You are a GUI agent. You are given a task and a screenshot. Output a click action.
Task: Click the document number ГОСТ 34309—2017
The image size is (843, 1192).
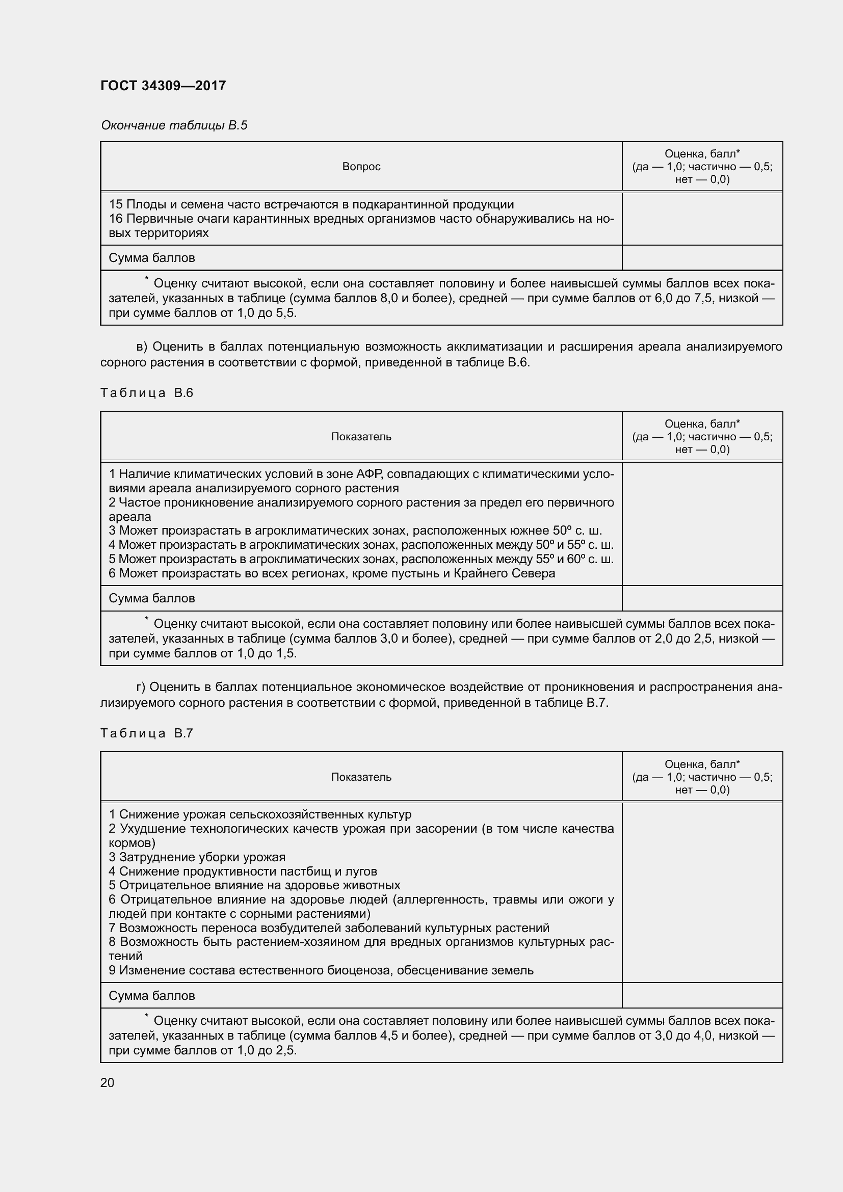click(163, 86)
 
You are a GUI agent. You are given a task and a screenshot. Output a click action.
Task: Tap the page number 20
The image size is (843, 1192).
click(107, 1082)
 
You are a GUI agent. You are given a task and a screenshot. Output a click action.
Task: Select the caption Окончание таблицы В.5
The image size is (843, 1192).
click(174, 125)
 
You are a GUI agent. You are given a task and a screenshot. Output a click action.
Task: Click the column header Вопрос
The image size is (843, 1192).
click(361, 167)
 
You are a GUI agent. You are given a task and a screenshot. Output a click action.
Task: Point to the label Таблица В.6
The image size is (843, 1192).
click(146, 393)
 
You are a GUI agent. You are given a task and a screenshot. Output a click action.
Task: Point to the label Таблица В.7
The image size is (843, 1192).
click(146, 733)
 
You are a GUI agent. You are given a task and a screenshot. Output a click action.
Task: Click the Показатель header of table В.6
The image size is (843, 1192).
click(361, 437)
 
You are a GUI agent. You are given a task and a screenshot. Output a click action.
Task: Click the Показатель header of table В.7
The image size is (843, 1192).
click(361, 777)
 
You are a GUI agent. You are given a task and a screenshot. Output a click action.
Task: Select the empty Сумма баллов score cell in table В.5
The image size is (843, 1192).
click(702, 258)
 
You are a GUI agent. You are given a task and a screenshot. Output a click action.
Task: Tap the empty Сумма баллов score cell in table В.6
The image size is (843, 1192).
click(702, 599)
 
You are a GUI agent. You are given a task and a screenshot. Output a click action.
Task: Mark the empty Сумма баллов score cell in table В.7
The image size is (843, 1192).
click(702, 996)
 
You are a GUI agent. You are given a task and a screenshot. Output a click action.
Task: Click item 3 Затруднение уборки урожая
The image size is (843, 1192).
click(197, 857)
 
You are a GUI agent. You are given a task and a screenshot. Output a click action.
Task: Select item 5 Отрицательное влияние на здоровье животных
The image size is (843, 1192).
click(254, 885)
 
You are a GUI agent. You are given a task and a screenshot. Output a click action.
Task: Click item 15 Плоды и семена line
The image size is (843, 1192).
click(311, 204)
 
